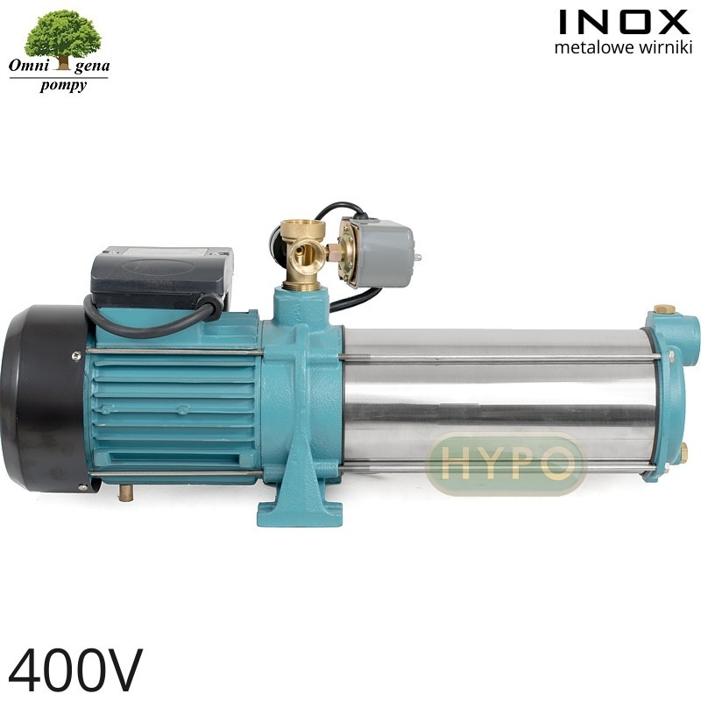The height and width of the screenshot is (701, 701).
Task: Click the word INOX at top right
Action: tap(624, 23)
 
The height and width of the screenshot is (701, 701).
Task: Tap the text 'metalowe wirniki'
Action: tap(623, 47)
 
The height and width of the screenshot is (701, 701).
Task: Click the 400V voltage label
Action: tap(75, 669)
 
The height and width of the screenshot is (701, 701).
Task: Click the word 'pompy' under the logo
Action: tap(62, 86)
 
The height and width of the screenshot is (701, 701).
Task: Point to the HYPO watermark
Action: tap(507, 464)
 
